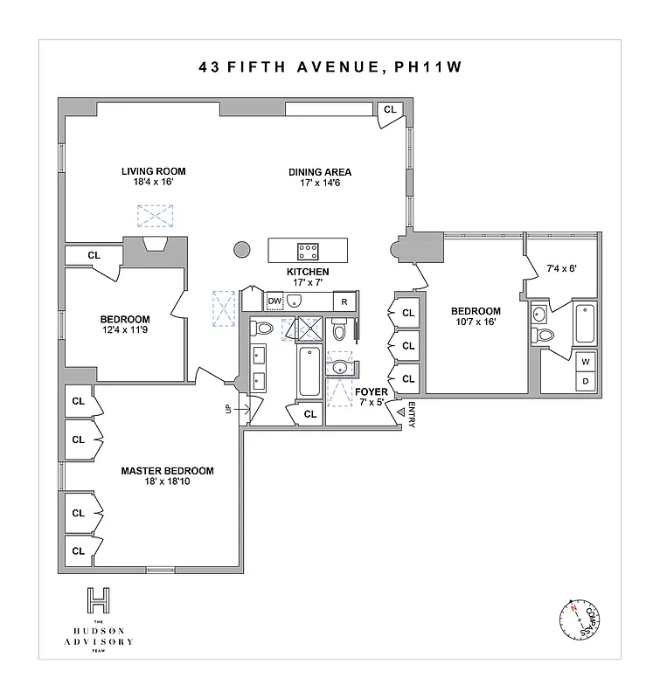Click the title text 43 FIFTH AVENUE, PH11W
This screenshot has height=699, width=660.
click(x=330, y=67)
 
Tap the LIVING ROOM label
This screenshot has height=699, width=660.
click(x=154, y=171)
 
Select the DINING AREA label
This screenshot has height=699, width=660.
click(x=320, y=172)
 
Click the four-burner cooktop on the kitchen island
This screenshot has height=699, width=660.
click(x=308, y=251)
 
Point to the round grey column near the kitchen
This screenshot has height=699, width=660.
click(x=242, y=251)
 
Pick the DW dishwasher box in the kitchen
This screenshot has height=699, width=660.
click(x=274, y=301)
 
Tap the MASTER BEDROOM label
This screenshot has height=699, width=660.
click(x=167, y=471)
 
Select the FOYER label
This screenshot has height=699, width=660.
click(x=371, y=392)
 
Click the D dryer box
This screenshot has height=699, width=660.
click(x=585, y=381)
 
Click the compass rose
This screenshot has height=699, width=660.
click(x=578, y=620)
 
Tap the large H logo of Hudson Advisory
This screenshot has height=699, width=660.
click(x=99, y=601)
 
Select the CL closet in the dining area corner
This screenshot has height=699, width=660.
click(x=390, y=110)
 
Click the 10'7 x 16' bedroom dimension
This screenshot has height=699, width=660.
click(x=476, y=322)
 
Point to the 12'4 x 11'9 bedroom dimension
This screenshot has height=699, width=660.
click(x=124, y=331)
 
